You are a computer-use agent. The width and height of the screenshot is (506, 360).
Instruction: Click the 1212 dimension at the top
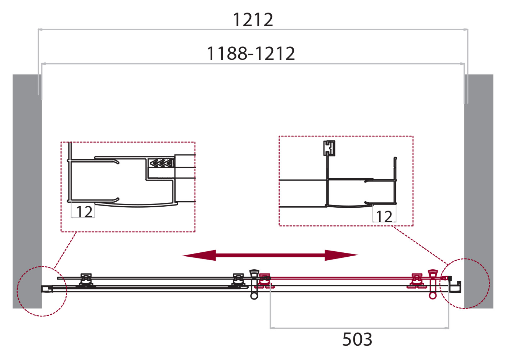click(253, 19)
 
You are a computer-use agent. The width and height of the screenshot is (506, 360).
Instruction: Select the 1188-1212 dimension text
click(251, 54)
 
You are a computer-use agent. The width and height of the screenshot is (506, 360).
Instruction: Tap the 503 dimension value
click(357, 339)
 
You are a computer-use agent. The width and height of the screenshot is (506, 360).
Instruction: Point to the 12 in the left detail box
click(84, 212)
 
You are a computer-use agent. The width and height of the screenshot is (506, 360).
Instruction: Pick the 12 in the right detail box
click(384, 216)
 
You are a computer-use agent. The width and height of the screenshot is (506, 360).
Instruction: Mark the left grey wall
click(27, 191)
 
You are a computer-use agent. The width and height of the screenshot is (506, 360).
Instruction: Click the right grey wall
click(479, 191)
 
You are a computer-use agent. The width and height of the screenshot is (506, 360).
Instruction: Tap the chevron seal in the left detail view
click(162, 163)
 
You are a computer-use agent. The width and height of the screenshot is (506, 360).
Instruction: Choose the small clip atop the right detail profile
click(329, 148)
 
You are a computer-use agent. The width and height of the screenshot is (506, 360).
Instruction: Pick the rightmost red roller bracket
click(417, 280)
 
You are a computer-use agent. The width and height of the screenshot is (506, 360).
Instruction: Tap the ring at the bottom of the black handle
click(254, 296)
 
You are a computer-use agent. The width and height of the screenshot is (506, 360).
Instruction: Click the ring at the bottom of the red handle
click(433, 296)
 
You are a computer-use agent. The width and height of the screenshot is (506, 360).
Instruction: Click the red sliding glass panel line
click(342, 278)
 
